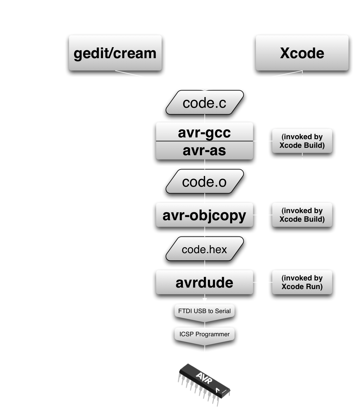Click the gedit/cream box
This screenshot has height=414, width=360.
(x=115, y=53)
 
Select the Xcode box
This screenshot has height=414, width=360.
(x=302, y=53)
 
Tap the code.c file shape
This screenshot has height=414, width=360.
(x=204, y=103)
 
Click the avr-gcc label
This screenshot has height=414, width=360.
(x=204, y=132)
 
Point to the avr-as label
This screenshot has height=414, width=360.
(x=204, y=150)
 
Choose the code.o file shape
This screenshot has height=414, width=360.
(x=204, y=182)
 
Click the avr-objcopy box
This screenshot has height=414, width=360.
(x=204, y=215)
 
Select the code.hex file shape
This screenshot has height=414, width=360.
(x=204, y=250)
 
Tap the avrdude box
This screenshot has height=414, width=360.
(x=204, y=283)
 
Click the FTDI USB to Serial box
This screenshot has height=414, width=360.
(x=204, y=311)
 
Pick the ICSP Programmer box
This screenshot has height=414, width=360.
(x=204, y=334)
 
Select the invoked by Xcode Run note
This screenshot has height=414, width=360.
(x=302, y=282)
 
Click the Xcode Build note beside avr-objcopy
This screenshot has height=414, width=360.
(x=302, y=215)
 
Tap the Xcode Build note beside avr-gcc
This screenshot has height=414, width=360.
(x=302, y=141)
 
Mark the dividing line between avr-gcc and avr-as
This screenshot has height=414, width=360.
(x=204, y=141)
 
